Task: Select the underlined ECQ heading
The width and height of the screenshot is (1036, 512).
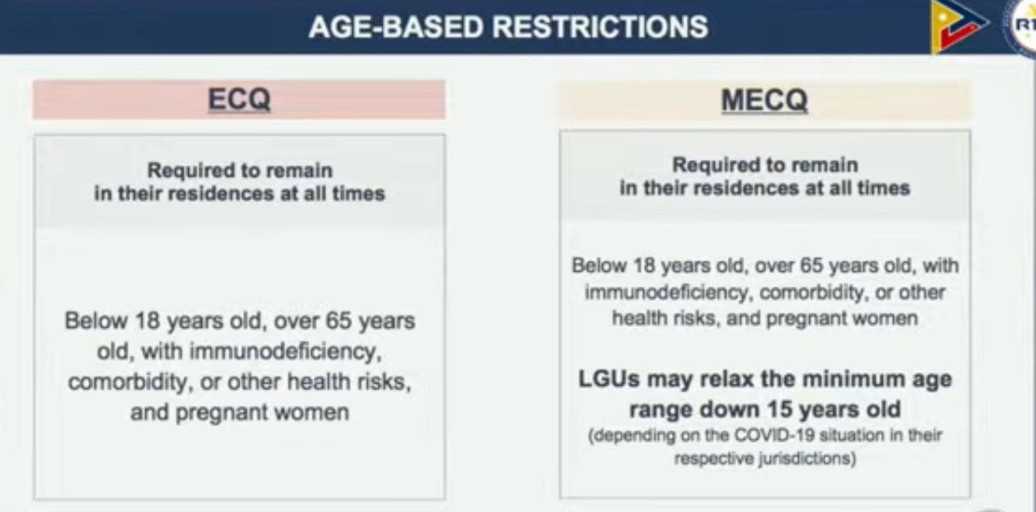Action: [x=239, y=100]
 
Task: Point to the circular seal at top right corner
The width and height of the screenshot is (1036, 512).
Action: [x=1023, y=26]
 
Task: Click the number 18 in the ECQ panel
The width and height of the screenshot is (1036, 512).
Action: [x=149, y=321]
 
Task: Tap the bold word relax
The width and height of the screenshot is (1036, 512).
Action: [x=712, y=379]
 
